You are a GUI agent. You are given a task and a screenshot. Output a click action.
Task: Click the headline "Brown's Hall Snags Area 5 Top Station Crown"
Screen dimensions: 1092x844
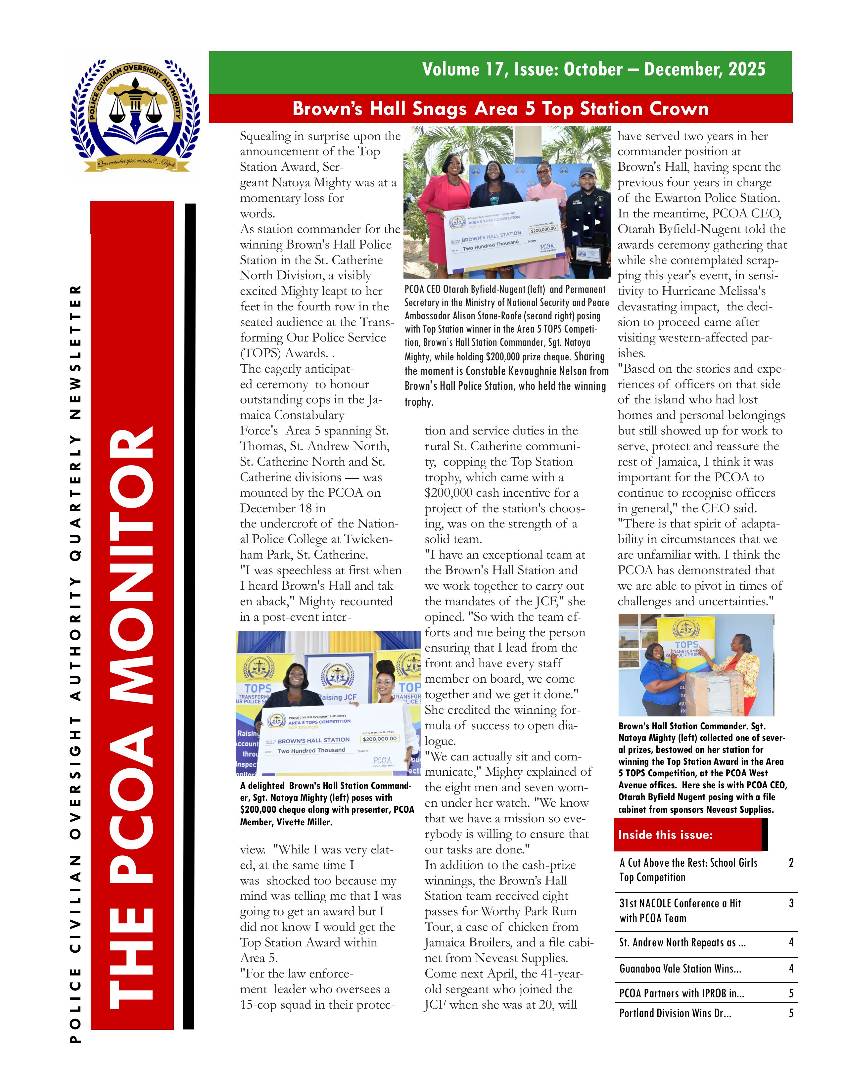tap(500, 109)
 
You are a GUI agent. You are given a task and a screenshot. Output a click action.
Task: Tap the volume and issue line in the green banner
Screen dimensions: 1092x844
tap(593, 69)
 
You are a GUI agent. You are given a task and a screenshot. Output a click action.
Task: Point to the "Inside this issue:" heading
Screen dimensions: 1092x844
tap(665, 835)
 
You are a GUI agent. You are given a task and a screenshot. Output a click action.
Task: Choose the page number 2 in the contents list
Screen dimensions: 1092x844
tap(791, 862)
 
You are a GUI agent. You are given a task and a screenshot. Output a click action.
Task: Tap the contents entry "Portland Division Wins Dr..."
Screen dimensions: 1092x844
tap(675, 1013)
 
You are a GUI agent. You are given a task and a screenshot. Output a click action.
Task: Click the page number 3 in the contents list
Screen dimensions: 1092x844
tap(791, 903)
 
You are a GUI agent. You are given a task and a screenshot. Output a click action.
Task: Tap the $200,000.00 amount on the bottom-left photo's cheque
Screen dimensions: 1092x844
tap(380, 739)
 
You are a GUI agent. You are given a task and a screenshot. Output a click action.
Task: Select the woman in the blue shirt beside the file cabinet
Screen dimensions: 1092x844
tap(659, 680)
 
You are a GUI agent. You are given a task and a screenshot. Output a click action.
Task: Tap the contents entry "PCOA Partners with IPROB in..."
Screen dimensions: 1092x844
tap(681, 993)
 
